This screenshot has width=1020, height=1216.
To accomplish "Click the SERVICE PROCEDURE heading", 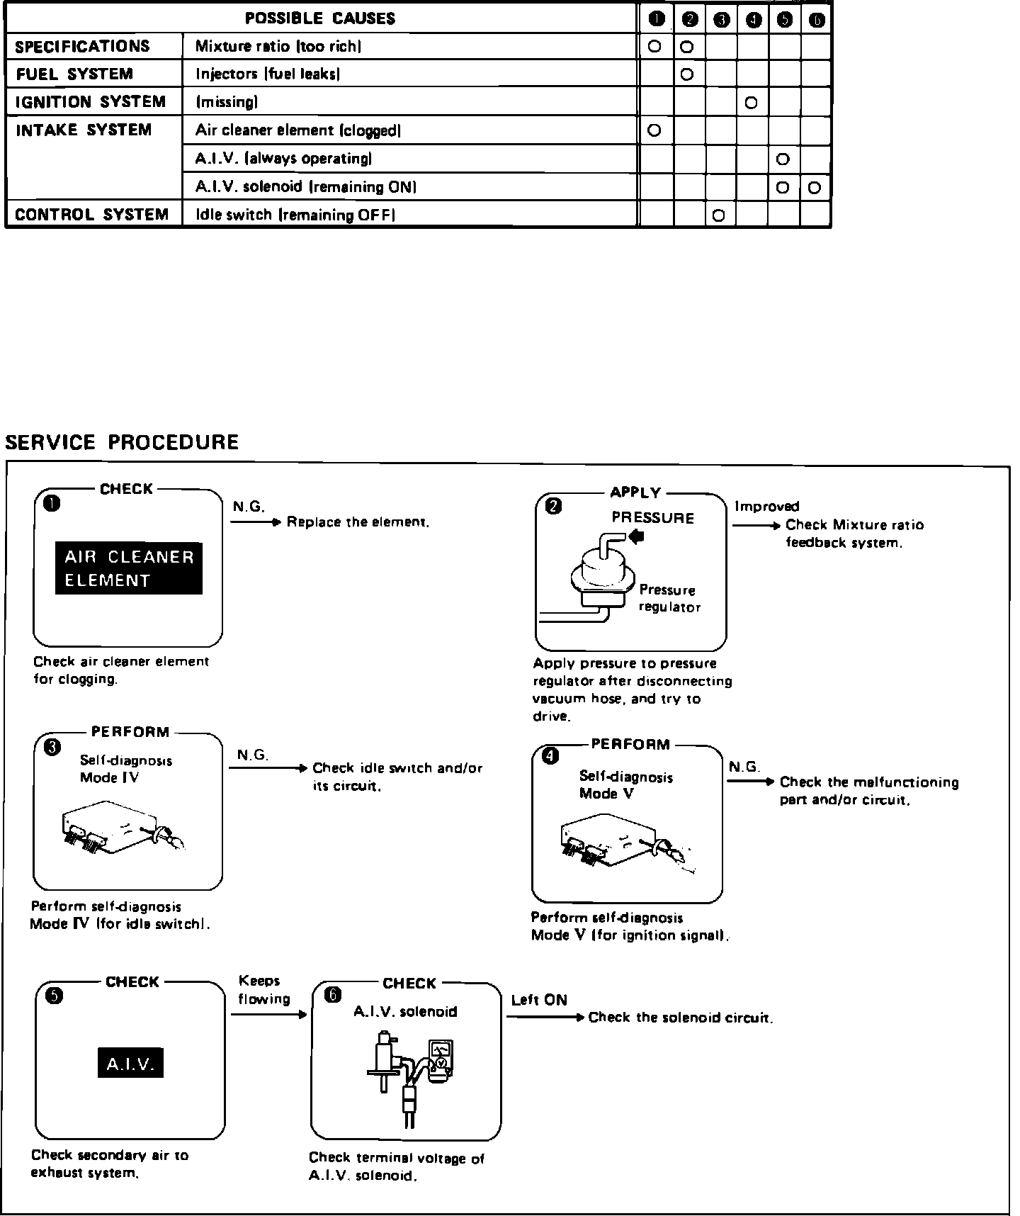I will (x=122, y=442).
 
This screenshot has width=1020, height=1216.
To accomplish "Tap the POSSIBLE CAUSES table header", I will (x=320, y=18).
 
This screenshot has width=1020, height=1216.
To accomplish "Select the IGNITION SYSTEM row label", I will (x=91, y=102).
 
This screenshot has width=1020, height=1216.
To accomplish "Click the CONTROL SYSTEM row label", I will (x=91, y=215).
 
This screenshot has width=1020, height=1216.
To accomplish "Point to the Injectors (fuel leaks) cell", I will (x=268, y=74).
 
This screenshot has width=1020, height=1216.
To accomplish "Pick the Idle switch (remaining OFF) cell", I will (x=295, y=215).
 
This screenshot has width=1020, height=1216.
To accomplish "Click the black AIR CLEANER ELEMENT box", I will (x=129, y=568).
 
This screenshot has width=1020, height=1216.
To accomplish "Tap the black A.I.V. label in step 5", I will (x=130, y=1063).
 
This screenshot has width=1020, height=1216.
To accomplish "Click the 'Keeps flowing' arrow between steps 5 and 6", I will (x=268, y=1014).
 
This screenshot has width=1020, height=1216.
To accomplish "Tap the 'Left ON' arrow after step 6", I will (x=545, y=1018).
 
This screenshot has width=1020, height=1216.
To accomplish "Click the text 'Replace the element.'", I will (x=358, y=522).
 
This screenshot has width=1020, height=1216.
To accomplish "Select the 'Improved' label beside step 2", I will (x=766, y=506).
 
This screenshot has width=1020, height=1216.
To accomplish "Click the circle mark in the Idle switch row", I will (x=719, y=215).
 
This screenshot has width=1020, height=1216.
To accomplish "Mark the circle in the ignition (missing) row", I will (x=752, y=103).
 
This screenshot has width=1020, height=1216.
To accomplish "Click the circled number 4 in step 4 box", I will (x=550, y=758).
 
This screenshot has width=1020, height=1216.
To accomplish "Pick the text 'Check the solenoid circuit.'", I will (x=680, y=1018).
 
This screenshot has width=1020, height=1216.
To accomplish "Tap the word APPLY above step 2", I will (x=635, y=492).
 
